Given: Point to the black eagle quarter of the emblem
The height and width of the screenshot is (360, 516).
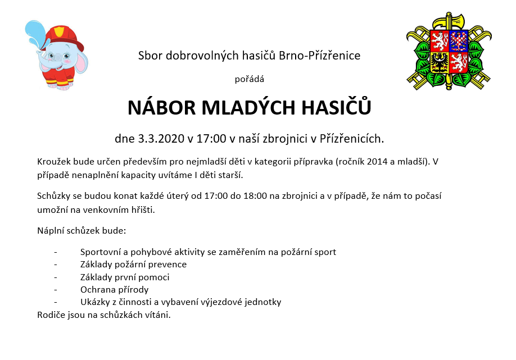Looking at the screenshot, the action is point(440,63).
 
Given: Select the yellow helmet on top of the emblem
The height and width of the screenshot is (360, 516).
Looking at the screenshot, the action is point(448,21).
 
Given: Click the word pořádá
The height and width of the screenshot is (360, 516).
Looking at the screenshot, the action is point(250,79).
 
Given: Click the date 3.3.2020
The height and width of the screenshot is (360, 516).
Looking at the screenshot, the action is point(161,139).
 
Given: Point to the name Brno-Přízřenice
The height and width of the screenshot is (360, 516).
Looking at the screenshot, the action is point(319,56).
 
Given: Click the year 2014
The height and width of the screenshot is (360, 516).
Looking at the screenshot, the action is point(377,162).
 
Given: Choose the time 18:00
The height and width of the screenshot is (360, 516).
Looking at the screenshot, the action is point(255,196).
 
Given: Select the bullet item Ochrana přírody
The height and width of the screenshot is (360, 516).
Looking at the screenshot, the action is point(114,290).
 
